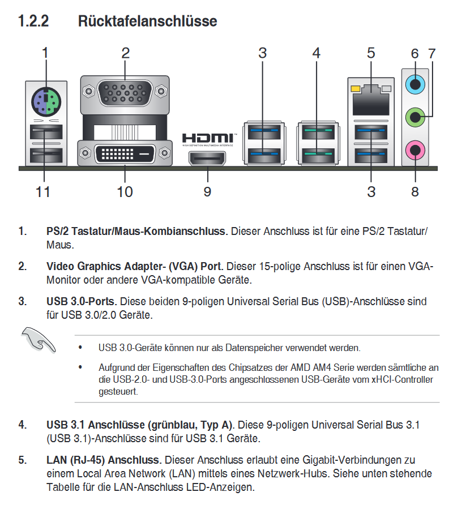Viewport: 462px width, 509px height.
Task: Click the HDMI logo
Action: pos(208,138)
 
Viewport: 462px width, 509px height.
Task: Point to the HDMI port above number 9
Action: pos(207,159)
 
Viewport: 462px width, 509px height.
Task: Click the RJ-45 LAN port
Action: pos(371,100)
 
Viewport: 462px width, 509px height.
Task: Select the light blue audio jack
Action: pos(415,85)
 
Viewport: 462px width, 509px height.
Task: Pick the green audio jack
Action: pos(415,118)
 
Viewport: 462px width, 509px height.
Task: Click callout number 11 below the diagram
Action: pos(43,192)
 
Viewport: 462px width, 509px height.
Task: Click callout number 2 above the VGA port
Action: pos(125,54)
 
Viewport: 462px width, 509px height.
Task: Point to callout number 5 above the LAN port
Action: pos(371,54)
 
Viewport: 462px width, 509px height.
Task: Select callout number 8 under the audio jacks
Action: pos(415,192)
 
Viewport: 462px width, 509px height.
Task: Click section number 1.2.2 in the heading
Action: pos(33,22)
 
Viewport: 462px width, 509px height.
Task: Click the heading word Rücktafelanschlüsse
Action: pos(147,22)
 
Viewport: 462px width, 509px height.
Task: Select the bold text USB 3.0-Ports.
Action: pos(82,301)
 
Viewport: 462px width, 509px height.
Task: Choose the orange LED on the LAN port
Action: pos(356,89)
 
